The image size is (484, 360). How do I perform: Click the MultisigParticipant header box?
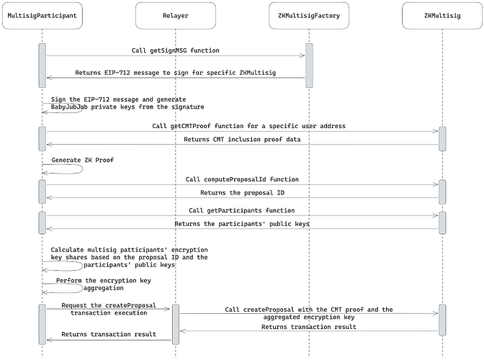[x=42, y=15]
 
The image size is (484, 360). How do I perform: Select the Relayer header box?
[x=175, y=15]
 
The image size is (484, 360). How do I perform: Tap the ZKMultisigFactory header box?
[x=309, y=15]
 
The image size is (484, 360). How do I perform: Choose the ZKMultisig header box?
[x=442, y=15]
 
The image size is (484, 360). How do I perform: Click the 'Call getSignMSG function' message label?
[x=176, y=50]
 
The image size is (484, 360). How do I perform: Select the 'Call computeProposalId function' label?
[x=241, y=179]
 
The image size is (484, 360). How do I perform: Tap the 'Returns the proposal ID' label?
[x=241, y=192]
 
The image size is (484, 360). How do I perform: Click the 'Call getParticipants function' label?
[x=241, y=210]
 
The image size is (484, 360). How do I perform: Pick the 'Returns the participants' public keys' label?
[x=241, y=224]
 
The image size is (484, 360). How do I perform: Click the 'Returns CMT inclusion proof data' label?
[x=241, y=140]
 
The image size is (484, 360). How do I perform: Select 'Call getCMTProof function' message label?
[x=241, y=126]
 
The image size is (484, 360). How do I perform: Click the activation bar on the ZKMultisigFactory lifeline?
[x=309, y=65]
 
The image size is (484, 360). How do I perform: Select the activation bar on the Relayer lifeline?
[x=175, y=323]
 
